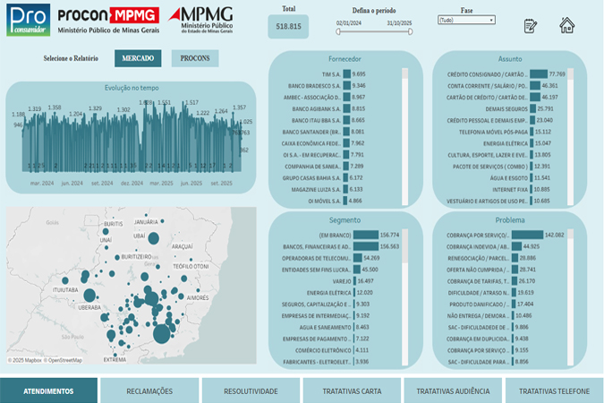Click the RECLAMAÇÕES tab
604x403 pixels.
click(149, 390)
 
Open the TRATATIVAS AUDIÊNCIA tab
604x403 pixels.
click(453, 390)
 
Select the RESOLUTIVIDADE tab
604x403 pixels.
click(251, 390)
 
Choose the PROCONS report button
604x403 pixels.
click(195, 59)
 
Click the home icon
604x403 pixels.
click(566, 25)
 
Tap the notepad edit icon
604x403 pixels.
click(530, 25)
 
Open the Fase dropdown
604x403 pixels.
click(466, 19)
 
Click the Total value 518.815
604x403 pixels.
click(288, 27)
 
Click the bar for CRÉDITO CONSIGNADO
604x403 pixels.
click(539, 73)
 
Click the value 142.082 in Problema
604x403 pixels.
click(554, 234)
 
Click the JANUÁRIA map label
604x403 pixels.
click(145, 221)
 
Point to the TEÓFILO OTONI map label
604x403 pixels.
click(191, 266)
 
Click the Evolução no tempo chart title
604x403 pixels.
click(132, 88)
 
